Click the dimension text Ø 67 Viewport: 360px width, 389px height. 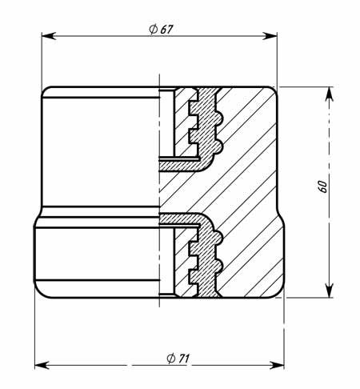(x=161, y=29)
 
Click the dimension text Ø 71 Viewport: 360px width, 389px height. (x=178, y=359)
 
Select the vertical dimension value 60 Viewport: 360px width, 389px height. (x=322, y=186)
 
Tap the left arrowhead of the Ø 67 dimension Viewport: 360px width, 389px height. (x=49, y=36)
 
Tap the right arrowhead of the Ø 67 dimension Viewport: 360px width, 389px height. (x=270, y=36)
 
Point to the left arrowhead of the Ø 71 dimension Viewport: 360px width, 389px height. (x=42, y=365)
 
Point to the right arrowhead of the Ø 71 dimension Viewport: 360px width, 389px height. (x=277, y=365)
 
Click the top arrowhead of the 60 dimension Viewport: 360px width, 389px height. (x=330, y=94)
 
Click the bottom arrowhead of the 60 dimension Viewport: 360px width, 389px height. (x=330, y=290)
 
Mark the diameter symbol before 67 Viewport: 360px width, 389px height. (x=153, y=29)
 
